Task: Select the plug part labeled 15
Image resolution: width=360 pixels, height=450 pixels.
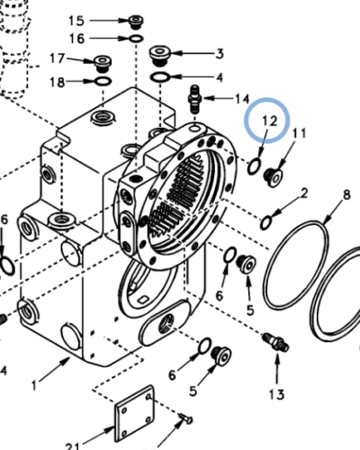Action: pos(135,22)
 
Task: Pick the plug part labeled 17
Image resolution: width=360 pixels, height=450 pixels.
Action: pos(102,64)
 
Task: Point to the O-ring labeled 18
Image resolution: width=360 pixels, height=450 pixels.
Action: pos(102,82)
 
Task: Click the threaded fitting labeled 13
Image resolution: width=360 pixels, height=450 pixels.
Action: pos(274,343)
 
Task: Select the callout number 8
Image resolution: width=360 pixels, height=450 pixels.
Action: pos(346,194)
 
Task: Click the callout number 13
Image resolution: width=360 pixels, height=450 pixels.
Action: pos(275,394)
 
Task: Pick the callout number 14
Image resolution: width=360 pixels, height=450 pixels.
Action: pos(242,97)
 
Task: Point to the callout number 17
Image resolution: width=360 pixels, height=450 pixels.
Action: pos(57,58)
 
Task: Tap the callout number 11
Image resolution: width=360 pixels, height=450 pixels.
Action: pos(299,134)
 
